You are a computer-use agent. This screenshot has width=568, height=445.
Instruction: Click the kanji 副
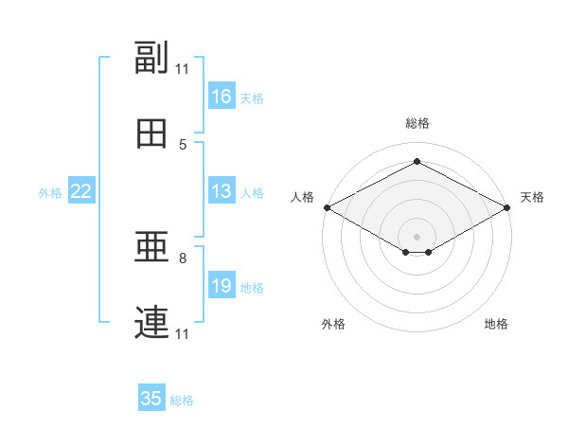151,58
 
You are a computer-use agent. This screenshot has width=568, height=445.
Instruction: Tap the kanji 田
151,133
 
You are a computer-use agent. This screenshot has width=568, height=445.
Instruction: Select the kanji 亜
151,248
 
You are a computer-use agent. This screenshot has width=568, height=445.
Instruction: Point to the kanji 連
151,323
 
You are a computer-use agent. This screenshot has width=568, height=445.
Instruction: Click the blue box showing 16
222,97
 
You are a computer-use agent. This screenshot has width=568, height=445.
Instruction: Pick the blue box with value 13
222,191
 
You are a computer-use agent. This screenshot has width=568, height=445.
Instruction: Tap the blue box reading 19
222,286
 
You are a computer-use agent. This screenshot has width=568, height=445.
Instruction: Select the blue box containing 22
81,191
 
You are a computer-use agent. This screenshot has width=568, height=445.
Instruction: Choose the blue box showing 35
151,399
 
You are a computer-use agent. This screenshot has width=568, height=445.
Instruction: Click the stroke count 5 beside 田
183,144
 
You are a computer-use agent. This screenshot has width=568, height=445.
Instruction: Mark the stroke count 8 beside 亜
183,258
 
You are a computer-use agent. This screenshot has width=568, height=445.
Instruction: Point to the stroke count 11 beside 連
183,333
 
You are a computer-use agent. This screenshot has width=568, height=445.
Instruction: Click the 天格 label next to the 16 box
252,98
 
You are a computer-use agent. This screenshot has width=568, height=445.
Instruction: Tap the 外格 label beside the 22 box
50,193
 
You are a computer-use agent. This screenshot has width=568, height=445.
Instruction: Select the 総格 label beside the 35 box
182,400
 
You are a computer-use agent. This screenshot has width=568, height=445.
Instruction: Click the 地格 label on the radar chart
496,324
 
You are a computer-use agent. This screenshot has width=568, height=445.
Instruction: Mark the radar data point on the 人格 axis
326,206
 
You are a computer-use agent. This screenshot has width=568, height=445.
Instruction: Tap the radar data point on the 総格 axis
417,162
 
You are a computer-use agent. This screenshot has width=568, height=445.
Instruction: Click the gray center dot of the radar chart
417,235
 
